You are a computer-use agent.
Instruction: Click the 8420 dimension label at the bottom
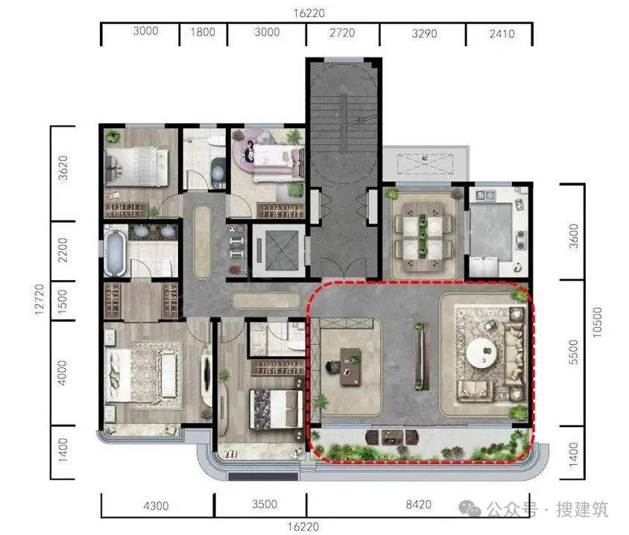(418, 504)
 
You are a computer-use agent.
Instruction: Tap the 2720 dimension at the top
(342, 33)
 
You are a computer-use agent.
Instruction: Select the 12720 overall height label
(39, 300)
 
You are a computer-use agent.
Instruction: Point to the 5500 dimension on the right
(574, 352)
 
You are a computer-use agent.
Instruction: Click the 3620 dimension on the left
(63, 169)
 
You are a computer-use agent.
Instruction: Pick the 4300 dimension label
(156, 506)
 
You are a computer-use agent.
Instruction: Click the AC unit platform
(426, 164)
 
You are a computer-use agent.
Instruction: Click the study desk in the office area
(350, 367)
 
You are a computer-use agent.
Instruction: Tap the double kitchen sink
(485, 195)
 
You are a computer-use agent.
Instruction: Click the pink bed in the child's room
(277, 160)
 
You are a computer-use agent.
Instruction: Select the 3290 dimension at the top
(424, 34)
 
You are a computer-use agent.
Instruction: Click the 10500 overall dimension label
(597, 322)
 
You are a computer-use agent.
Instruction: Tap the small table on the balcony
(389, 437)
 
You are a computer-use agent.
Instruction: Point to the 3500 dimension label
(265, 504)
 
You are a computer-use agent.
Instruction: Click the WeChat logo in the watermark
(470, 509)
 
